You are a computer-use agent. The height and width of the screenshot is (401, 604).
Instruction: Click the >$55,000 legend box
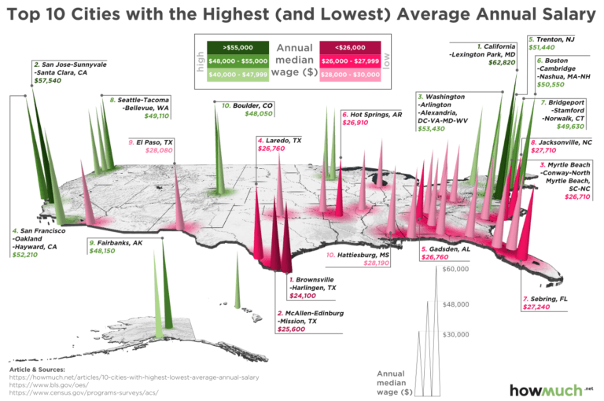pos(237,47)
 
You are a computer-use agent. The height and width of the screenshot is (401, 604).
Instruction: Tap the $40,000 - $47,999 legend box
pos(237,74)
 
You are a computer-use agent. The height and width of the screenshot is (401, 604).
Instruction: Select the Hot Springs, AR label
pos(374,114)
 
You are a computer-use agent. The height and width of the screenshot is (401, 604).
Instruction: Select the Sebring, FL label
pos(547,300)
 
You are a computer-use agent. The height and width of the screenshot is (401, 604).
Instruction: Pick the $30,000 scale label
pos(455,333)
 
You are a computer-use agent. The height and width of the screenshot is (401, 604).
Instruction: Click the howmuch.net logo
pos(550,389)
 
